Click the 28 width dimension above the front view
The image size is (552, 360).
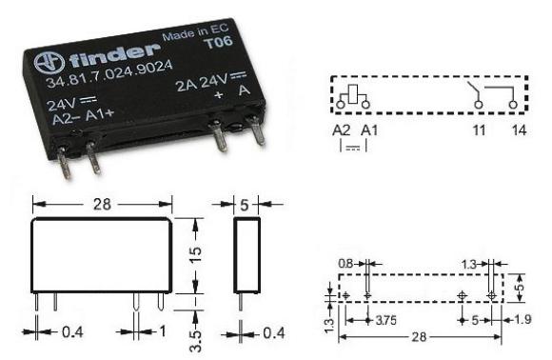pyautogui.click(x=102, y=203)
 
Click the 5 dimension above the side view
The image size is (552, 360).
pyautogui.click(x=248, y=203)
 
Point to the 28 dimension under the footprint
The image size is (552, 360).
pyautogui.click(x=420, y=340)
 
